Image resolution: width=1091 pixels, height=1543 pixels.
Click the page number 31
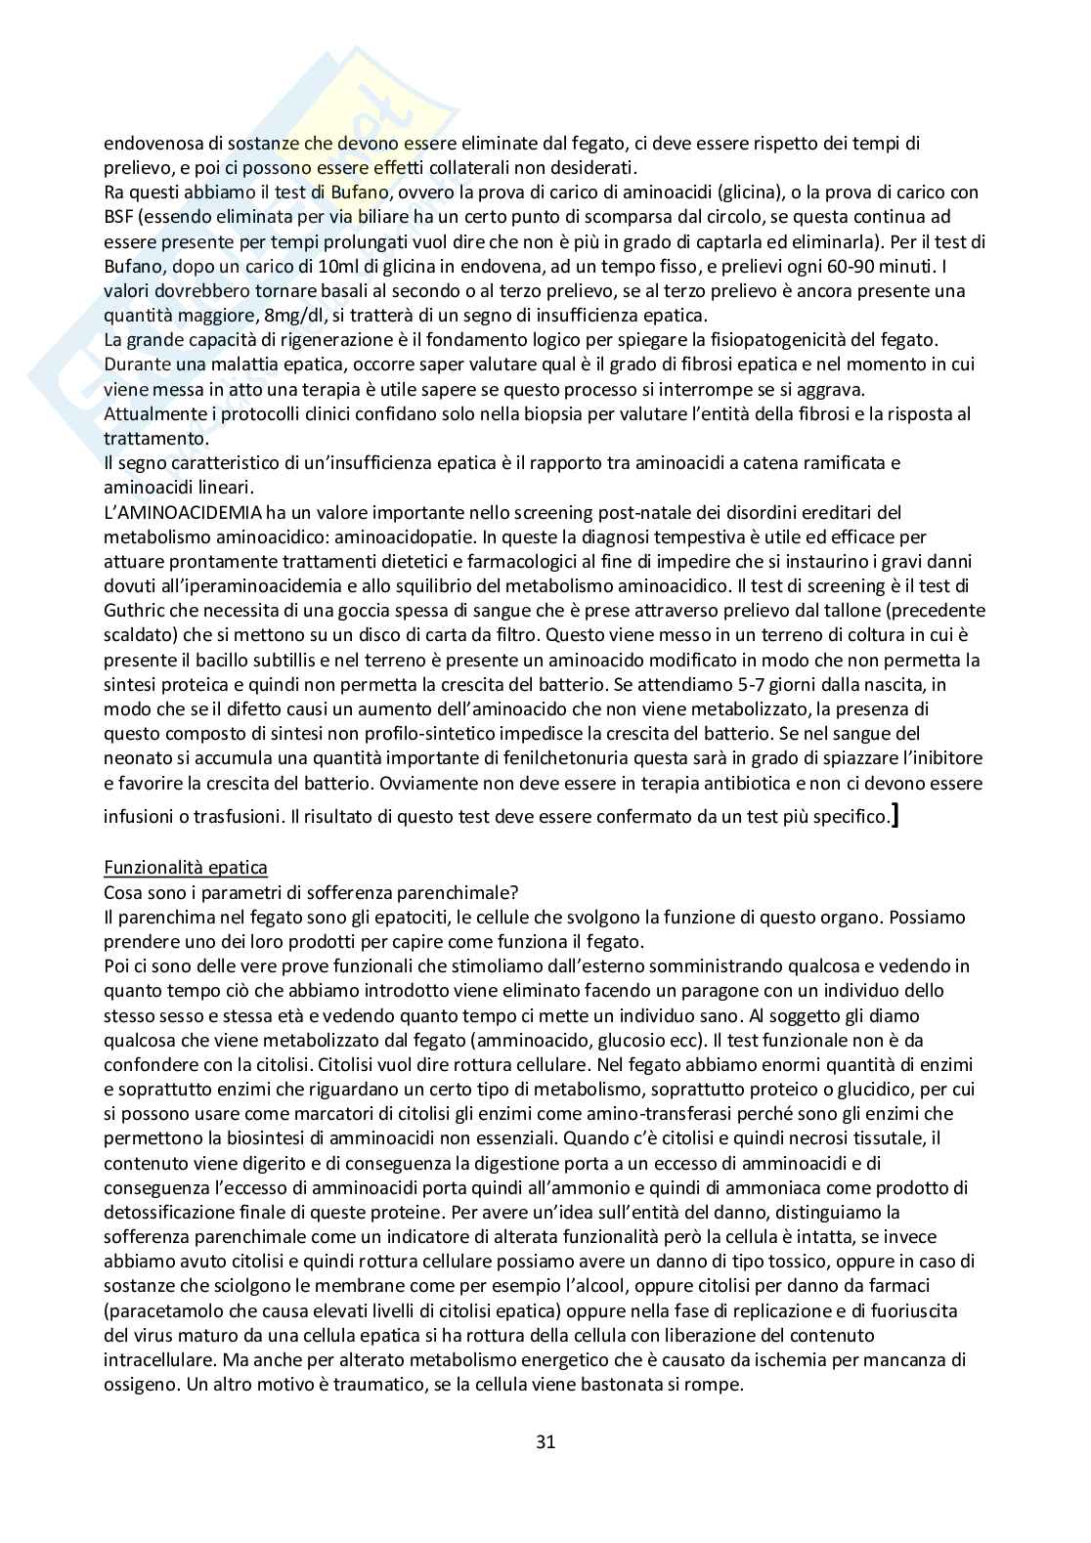pos(545,1441)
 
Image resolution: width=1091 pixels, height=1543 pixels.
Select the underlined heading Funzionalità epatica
pos(186,867)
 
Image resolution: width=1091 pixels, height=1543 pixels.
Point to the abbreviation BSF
pos(119,217)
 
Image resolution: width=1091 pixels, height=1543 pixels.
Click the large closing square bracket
pos(895,812)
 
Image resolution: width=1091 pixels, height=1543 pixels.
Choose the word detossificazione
pos(168,1212)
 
